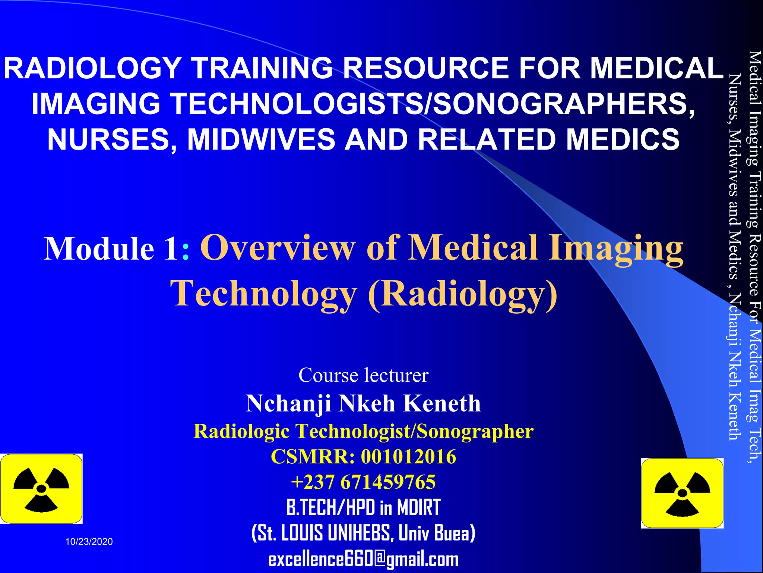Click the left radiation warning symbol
click(x=41, y=489)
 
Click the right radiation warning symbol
click(x=682, y=493)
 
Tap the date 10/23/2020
click(x=89, y=542)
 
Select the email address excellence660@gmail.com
click(x=363, y=559)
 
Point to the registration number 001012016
click(x=408, y=457)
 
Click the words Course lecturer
click(x=363, y=375)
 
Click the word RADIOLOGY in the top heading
click(x=92, y=68)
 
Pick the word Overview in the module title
click(x=278, y=248)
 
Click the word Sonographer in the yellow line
click(x=475, y=431)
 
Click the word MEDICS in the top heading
click(x=623, y=139)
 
